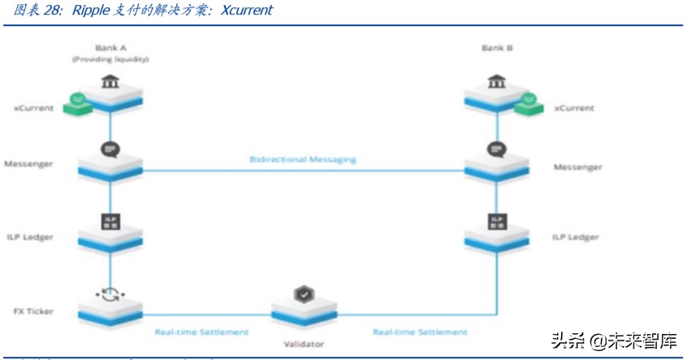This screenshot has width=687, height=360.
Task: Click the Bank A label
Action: click(110, 47)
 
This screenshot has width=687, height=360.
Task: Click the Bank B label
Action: click(496, 47)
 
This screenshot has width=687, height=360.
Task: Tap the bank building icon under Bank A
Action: click(110, 82)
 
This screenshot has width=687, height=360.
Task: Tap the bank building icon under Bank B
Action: click(496, 82)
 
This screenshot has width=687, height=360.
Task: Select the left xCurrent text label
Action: click(33, 107)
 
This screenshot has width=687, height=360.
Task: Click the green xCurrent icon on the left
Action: click(78, 102)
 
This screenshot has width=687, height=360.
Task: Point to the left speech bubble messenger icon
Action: click(110, 150)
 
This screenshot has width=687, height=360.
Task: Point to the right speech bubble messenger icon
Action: click(496, 150)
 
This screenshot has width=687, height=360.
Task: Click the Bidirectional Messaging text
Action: click(303, 159)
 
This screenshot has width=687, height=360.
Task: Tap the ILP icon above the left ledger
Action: click(110, 221)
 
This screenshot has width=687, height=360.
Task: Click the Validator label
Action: click(303, 344)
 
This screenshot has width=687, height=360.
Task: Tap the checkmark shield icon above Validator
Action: click(303, 293)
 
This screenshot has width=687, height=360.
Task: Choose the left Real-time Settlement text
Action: click(201, 332)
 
